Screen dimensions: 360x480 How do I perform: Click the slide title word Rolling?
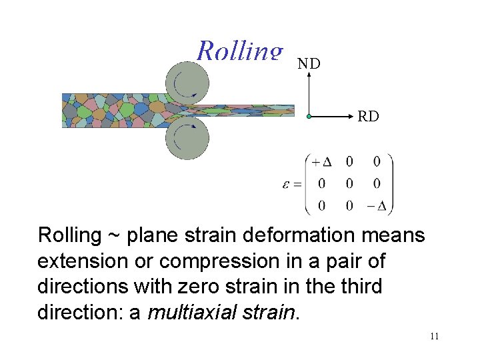[240, 51]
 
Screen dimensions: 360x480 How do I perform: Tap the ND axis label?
[309, 64]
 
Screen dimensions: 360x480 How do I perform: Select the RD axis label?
[368, 117]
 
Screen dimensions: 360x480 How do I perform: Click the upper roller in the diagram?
[186, 83]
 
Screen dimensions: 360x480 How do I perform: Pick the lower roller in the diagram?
[186, 139]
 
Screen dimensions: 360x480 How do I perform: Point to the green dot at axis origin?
[309, 117]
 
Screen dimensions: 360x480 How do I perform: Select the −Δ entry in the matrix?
[377, 205]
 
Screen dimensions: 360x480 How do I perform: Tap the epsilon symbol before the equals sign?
[286, 184]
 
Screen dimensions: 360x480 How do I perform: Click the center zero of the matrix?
[349, 183]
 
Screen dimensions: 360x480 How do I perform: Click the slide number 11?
[434, 336]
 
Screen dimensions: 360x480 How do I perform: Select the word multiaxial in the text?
[195, 312]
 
